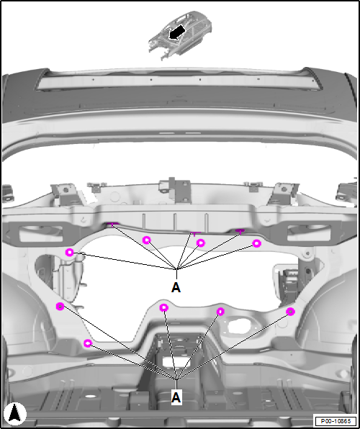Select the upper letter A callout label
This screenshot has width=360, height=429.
click(x=176, y=287)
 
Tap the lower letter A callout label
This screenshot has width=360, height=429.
click(x=176, y=397)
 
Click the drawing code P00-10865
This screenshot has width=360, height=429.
click(x=336, y=420)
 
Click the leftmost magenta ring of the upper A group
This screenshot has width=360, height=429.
click(x=70, y=252)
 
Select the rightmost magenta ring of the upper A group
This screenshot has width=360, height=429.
click(x=256, y=243)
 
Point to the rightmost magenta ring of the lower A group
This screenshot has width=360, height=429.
click(x=290, y=312)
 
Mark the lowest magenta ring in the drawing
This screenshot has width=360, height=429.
click(x=88, y=343)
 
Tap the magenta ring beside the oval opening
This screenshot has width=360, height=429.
click(x=220, y=312)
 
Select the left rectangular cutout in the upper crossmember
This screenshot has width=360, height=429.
click(x=41, y=234)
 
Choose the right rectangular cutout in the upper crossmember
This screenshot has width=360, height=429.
click(x=309, y=233)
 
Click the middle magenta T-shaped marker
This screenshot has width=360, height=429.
click(x=195, y=234)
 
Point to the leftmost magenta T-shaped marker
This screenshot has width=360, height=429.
click(x=112, y=225)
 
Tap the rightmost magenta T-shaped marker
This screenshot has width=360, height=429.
click(x=240, y=232)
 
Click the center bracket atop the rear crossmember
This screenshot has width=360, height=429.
click(x=175, y=189)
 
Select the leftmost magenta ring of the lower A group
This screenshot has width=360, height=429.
click(x=60, y=306)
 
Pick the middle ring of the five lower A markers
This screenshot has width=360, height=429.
click(x=163, y=308)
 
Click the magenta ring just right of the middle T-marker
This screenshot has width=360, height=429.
click(x=201, y=243)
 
